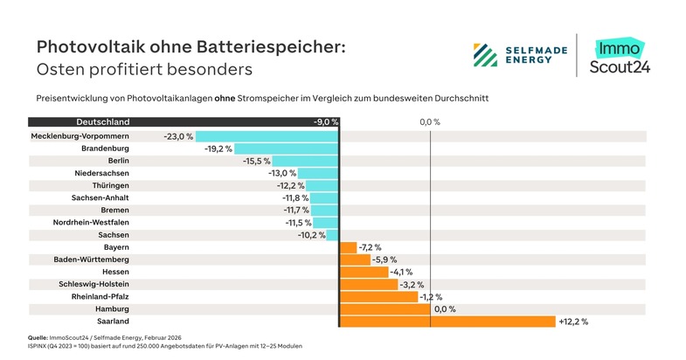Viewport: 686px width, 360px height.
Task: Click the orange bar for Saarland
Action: pos(447,322)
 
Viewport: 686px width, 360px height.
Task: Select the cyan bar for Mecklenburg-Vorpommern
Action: pos(267,137)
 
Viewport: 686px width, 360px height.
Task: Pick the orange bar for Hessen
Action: pos(363,273)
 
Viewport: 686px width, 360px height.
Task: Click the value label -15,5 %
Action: pos(257,162)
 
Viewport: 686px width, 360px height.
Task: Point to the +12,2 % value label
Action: pos(573,322)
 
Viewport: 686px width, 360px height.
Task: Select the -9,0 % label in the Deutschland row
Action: pos(325,122)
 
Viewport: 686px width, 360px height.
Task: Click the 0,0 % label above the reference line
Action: pos(430,122)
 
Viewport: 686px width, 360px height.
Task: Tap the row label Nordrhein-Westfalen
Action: pos(91,223)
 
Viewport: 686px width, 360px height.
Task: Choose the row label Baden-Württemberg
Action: pos(92,260)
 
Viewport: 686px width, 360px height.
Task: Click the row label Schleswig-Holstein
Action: pos(94,285)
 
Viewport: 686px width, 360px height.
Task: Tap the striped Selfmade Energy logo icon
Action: pos(485,55)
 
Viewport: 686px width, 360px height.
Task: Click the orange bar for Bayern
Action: pos(348,248)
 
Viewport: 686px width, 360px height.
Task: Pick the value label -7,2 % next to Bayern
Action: pos(371,248)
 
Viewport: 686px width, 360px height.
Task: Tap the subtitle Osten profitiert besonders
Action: pos(143,69)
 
